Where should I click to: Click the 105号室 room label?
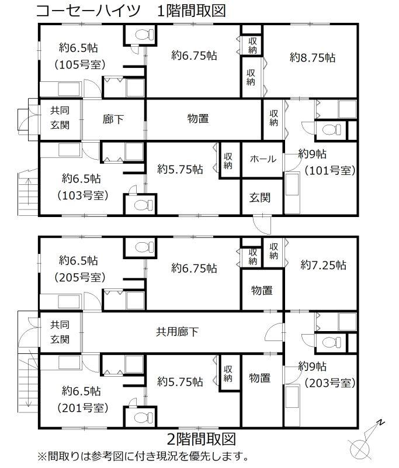pyautogui.click(x=80, y=65)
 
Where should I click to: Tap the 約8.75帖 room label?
pyautogui.click(x=313, y=57)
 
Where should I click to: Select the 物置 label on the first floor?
pyautogui.click(x=198, y=119)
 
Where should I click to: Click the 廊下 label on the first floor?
pyautogui.click(x=113, y=119)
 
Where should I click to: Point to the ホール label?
pyautogui.click(x=263, y=159)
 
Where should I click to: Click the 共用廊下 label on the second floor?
pyautogui.click(x=177, y=332)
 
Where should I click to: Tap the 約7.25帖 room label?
pyautogui.click(x=323, y=265)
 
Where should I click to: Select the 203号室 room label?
pyautogui.click(x=330, y=383)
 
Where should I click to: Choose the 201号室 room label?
pyautogui.click(x=82, y=408)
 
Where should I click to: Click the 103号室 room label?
pyautogui.click(x=82, y=195)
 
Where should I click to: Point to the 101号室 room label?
pyautogui.click(x=330, y=170)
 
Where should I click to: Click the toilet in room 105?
pyautogui.click(x=144, y=35)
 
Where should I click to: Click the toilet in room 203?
pyautogui.click(x=332, y=342)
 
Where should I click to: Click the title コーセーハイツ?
pyautogui.click(x=88, y=11)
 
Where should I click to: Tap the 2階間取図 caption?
pyautogui.click(x=202, y=439)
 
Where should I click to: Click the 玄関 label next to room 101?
pyautogui.click(x=260, y=198)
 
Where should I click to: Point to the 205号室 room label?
pyautogui.click(x=80, y=277)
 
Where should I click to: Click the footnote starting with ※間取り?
pyautogui.click(x=143, y=456)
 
